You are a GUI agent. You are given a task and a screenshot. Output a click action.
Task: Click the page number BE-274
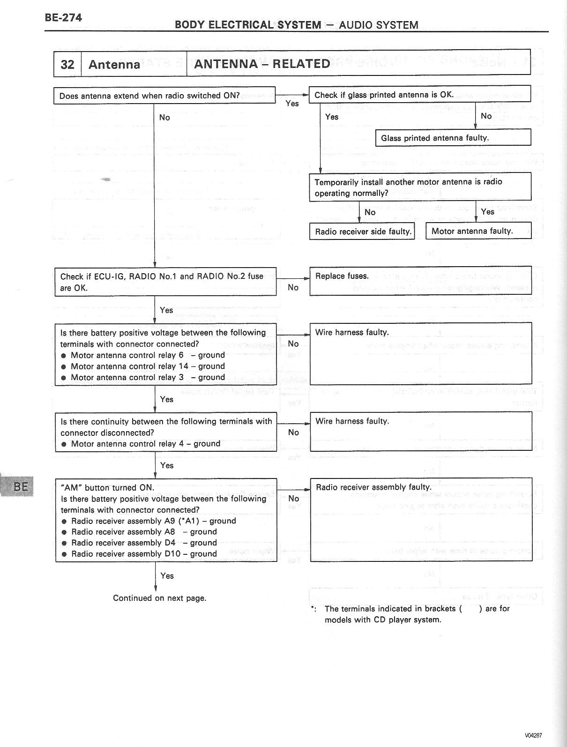[63, 18]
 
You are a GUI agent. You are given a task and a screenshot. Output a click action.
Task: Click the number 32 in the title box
[67, 64]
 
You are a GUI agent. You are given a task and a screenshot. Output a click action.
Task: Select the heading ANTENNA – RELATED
[262, 64]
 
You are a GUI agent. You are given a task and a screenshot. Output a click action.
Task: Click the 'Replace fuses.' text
[342, 276]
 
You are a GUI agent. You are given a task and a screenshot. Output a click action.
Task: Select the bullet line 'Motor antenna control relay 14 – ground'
[147, 366]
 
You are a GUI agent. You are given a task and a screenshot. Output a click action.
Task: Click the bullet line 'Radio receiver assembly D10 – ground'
[144, 554]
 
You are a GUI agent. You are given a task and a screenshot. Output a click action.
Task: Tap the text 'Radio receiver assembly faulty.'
[373, 487]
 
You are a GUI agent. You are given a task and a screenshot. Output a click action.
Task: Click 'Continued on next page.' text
[159, 598]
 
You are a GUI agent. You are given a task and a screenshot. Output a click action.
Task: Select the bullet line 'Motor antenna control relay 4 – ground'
[145, 444]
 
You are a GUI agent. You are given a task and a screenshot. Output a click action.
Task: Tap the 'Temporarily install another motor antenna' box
[420, 187]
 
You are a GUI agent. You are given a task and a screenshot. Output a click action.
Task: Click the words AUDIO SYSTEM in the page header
[379, 25]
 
